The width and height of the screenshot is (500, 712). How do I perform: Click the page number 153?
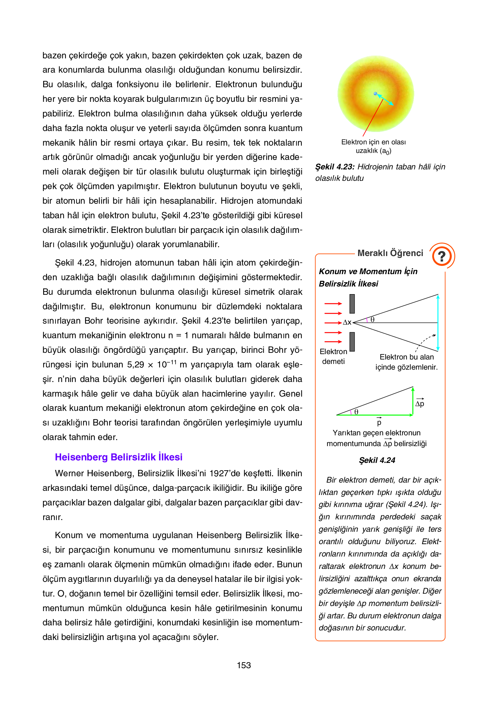click(243, 665)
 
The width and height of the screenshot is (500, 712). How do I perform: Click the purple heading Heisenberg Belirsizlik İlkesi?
click(118, 457)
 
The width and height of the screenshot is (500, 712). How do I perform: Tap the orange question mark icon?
click(442, 256)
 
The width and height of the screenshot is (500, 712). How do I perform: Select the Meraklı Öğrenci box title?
click(390, 253)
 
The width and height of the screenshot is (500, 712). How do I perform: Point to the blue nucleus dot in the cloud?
click(375, 94)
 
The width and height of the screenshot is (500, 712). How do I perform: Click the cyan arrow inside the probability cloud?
click(385, 100)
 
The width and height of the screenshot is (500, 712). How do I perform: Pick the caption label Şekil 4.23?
click(335, 167)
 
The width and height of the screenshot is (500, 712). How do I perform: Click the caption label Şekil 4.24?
click(377, 460)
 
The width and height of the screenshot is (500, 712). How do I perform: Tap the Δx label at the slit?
click(347, 323)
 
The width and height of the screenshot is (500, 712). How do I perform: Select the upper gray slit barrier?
click(352, 304)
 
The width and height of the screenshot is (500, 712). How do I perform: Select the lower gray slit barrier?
click(352, 342)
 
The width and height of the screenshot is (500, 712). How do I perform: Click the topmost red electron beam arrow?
click(333, 304)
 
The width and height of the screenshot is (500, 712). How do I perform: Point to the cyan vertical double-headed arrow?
click(438, 323)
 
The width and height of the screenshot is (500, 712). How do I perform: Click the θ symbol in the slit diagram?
click(372, 320)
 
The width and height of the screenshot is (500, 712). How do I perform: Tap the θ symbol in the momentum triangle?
click(356, 412)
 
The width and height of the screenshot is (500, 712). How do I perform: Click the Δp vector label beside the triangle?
click(420, 403)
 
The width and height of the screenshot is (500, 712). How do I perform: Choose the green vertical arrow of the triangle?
click(413, 401)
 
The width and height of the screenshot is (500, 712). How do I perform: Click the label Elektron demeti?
click(333, 356)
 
